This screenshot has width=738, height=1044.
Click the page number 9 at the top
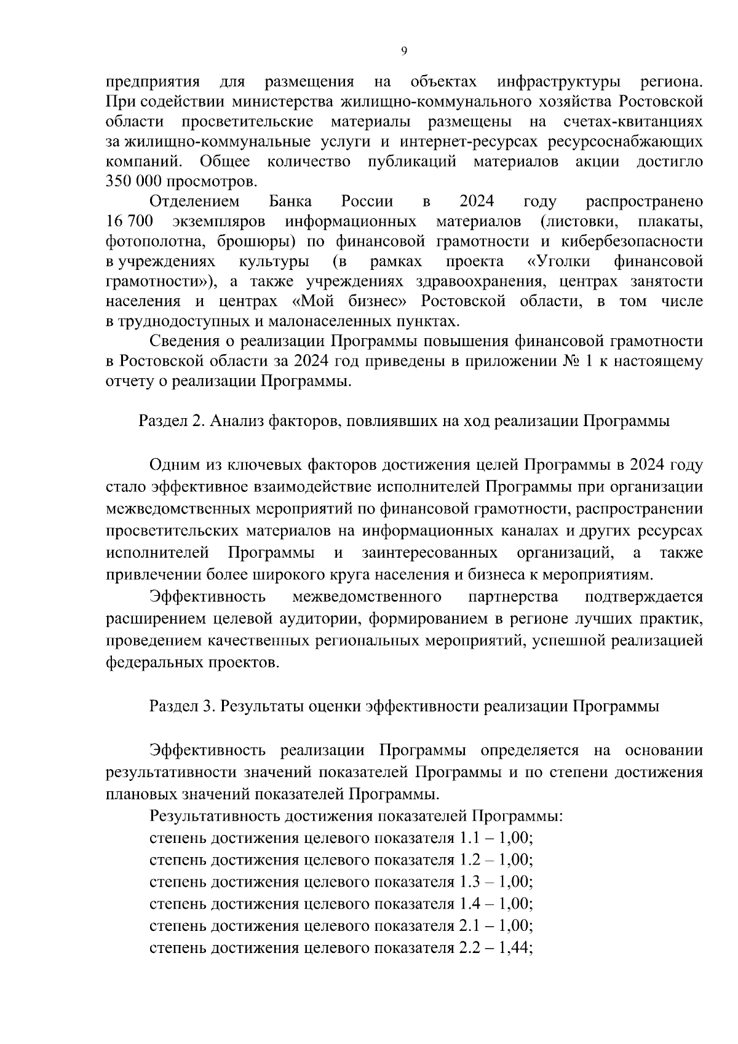403,52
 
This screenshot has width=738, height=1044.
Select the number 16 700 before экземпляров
129,221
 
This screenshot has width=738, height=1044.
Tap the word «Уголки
559,261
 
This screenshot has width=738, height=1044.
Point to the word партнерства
514,596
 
